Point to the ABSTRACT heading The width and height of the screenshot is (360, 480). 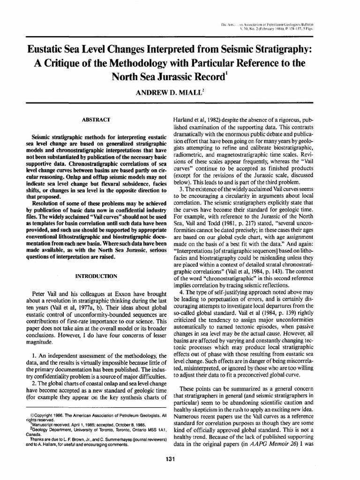click(x=96, y=120)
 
